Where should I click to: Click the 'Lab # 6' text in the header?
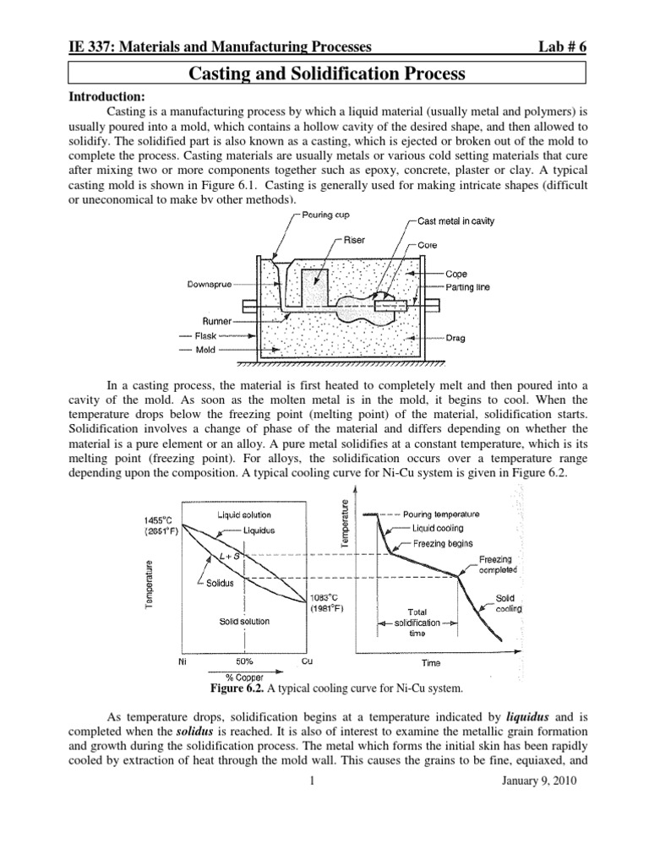click(x=554, y=48)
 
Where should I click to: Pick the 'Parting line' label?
click(x=468, y=287)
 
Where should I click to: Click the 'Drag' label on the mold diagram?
click(x=457, y=338)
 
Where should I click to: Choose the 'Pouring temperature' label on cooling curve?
click(x=440, y=513)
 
